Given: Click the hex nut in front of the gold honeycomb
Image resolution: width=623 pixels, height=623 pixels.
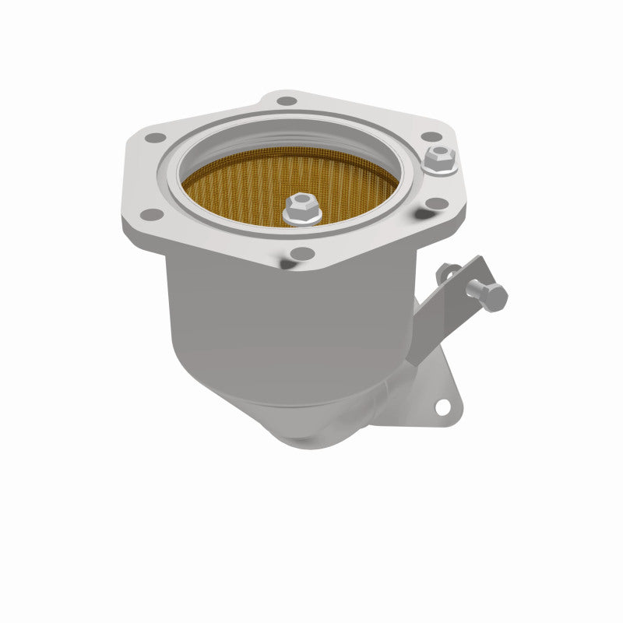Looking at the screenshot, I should pyautogui.click(x=297, y=207).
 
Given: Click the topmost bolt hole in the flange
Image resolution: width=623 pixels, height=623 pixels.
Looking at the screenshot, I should pyautogui.click(x=287, y=101).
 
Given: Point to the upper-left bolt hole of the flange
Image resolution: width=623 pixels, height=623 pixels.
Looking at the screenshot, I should pyautogui.click(x=156, y=138).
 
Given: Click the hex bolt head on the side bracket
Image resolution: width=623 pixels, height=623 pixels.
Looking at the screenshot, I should pyautogui.click(x=494, y=297).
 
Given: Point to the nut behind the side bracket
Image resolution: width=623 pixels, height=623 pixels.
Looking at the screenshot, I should pyautogui.click(x=447, y=272).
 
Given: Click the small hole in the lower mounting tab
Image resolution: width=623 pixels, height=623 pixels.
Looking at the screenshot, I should pyautogui.click(x=442, y=407).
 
